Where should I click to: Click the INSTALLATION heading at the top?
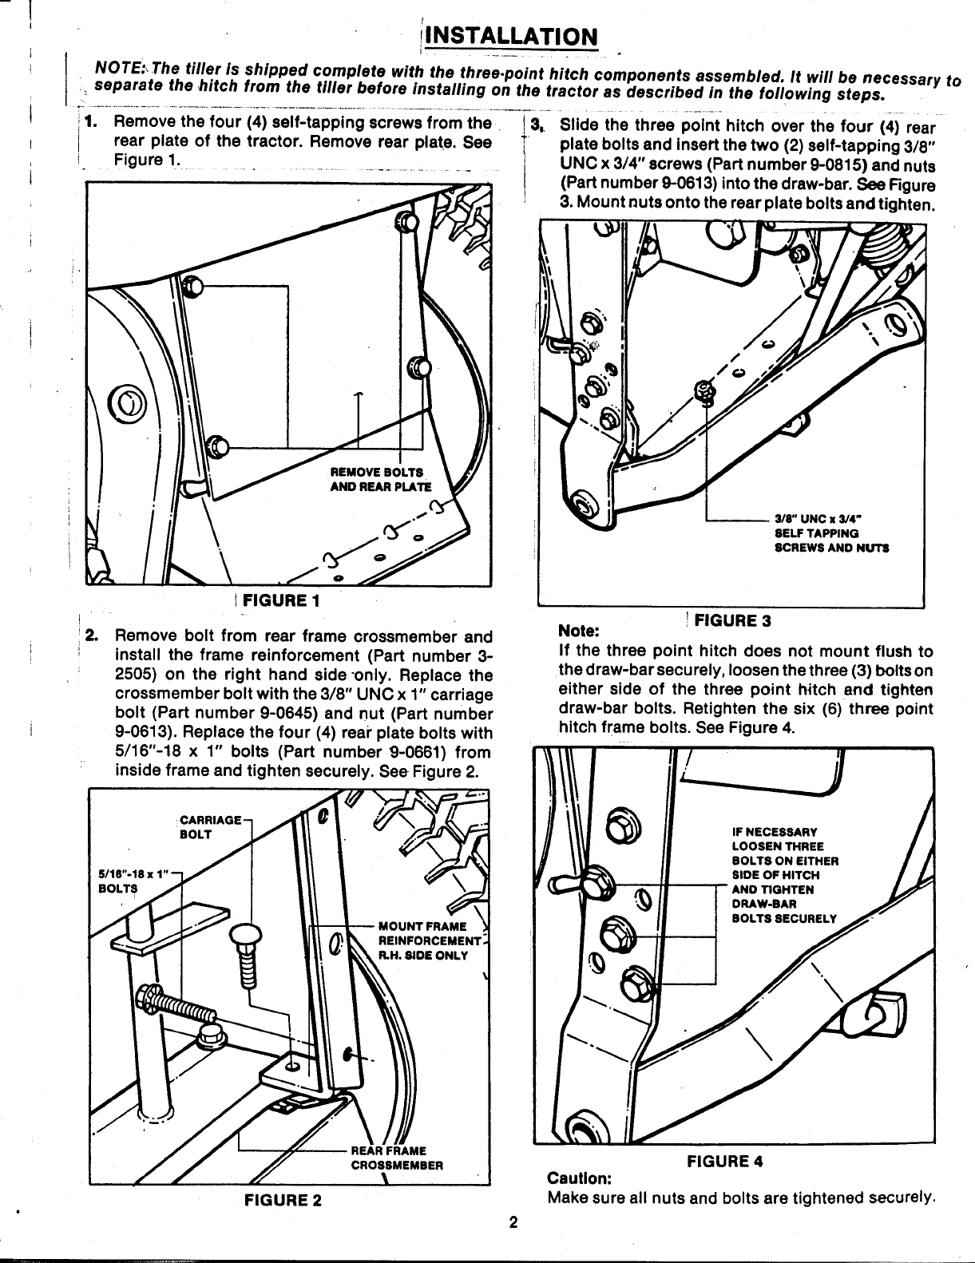[512, 37]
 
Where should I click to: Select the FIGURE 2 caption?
[283, 1199]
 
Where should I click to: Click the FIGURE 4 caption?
[725, 1162]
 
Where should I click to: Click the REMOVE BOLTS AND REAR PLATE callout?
[380, 479]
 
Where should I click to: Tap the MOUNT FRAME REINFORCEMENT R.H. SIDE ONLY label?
[422, 940]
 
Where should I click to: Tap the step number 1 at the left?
[92, 123]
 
